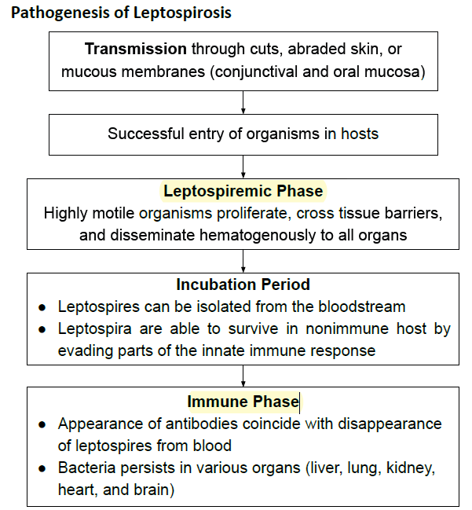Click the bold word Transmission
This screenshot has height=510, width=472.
(x=135, y=50)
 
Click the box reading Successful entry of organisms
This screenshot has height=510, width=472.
(x=243, y=134)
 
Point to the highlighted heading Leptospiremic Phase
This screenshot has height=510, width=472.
(x=243, y=191)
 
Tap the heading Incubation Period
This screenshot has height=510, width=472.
(x=243, y=284)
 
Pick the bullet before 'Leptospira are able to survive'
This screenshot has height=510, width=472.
(x=42, y=329)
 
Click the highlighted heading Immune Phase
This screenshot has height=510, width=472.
(x=243, y=402)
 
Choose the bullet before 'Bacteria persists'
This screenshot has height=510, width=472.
(x=42, y=468)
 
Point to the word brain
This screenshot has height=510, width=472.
(x=153, y=490)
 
